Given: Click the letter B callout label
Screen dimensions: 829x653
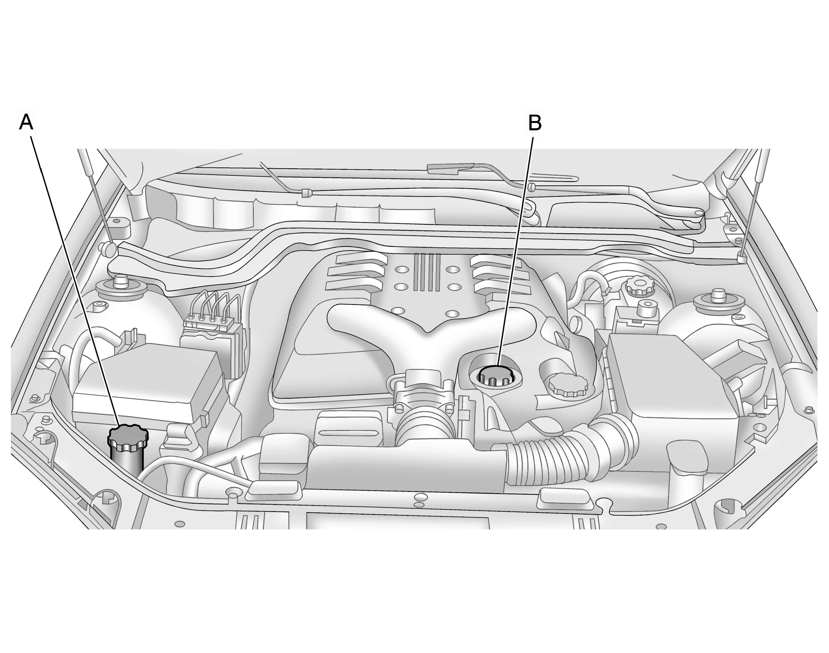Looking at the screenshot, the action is point(535,123).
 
